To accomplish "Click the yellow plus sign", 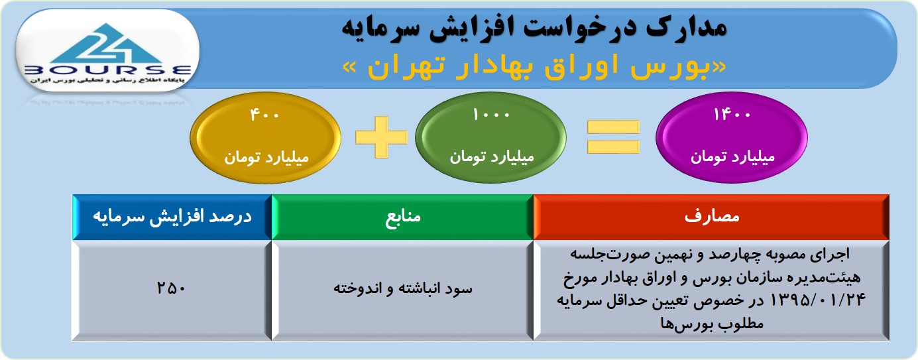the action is point(382,137).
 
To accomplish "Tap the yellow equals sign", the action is point(613,137).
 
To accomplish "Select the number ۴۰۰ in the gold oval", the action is point(264,115).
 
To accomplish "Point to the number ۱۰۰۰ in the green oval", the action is point(491,114).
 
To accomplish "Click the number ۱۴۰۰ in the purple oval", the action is point(732,114).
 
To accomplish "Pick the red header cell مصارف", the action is point(711,217).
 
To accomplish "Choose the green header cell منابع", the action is point(402,217).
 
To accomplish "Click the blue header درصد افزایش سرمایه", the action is point(172,217).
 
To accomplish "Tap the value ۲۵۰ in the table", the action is point(171,288).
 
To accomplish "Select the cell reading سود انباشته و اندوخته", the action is point(402,288).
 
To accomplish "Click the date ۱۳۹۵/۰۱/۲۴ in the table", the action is point(818,300).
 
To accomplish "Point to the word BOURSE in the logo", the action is point(108,70).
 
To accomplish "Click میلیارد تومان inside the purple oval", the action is point(732,156).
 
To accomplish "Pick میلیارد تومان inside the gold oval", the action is point(266,157).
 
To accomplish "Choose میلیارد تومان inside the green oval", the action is point(492,156).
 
